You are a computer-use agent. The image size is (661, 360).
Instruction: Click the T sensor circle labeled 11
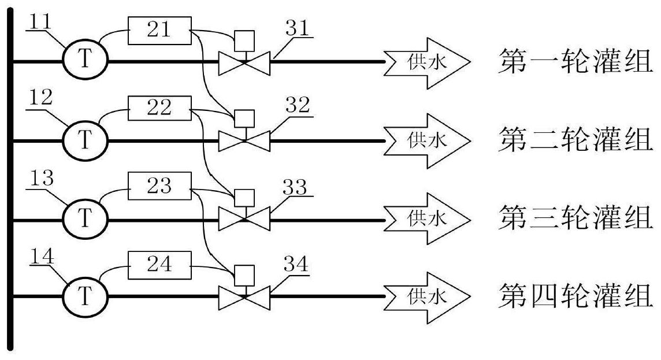click(84, 60)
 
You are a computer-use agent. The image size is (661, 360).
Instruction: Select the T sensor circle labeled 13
click(84, 219)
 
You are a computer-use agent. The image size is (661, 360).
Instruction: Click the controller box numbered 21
click(159, 30)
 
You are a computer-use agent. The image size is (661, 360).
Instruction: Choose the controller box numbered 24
click(159, 265)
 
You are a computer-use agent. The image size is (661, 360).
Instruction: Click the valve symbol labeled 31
click(244, 62)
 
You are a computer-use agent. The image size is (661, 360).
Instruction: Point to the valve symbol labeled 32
click(244, 140)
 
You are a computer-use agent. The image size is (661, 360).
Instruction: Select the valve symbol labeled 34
click(244, 297)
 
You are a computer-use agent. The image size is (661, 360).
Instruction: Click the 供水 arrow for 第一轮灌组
click(428, 61)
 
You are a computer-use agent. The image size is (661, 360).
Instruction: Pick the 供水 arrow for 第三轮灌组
click(428, 219)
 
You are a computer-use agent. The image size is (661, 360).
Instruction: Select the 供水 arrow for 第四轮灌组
click(428, 297)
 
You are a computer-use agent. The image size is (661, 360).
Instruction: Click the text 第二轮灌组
click(575, 140)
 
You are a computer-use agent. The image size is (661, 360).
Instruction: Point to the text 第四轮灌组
click(575, 297)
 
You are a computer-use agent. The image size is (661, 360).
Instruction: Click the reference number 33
click(295, 187)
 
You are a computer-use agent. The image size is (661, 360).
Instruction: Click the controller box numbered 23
click(159, 187)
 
